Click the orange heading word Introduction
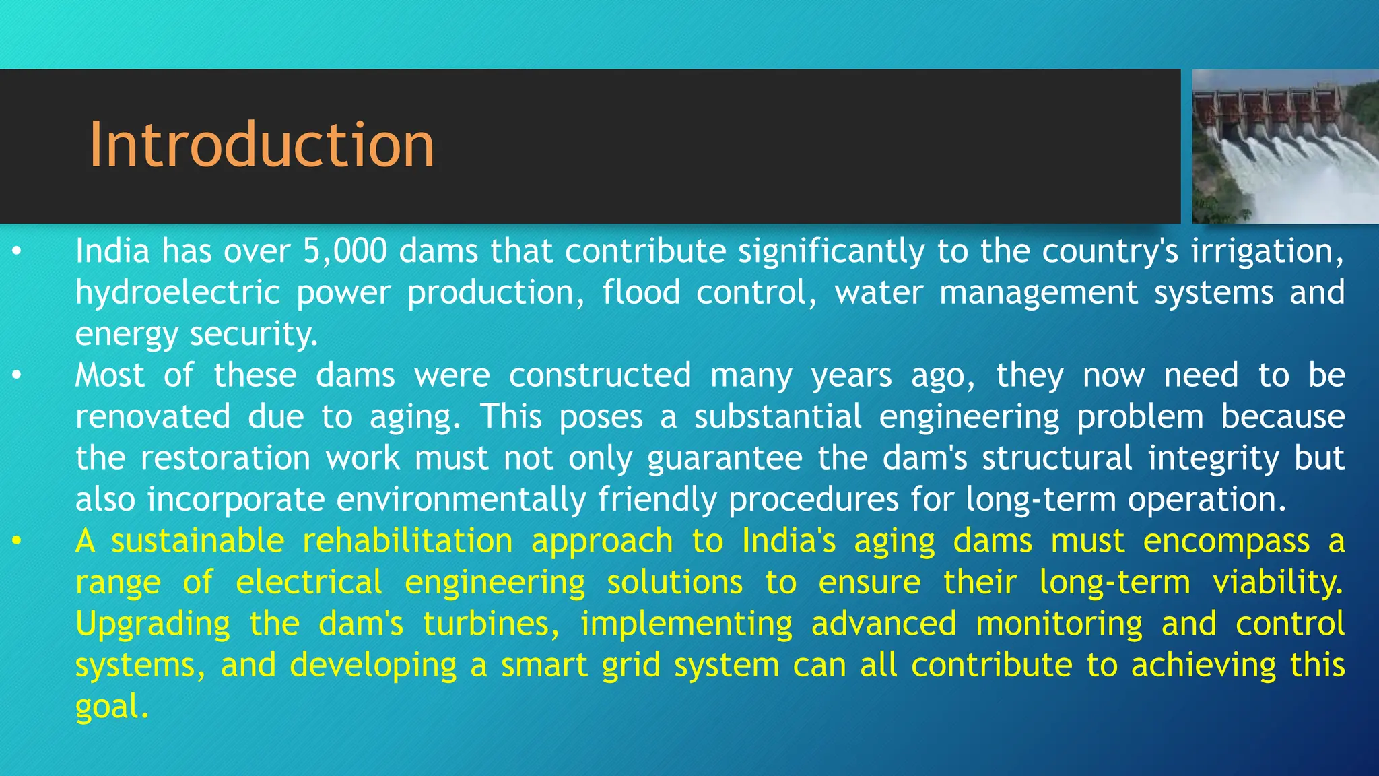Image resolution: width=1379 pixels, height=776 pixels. pyautogui.click(x=262, y=145)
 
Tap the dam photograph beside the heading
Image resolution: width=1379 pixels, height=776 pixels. pyautogui.click(x=1285, y=146)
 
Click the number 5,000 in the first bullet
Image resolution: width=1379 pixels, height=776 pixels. pyautogui.click(x=345, y=251)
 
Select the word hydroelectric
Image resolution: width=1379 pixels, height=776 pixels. pyautogui.click(x=178, y=293)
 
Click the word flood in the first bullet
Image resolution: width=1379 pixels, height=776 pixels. pyautogui.click(x=641, y=293)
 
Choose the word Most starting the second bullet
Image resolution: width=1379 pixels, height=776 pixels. pyautogui.click(x=110, y=375)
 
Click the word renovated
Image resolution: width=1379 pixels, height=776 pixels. pyautogui.click(x=153, y=417)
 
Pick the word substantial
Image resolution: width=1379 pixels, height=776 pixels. pyautogui.click(x=778, y=417)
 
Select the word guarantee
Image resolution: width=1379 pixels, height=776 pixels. pyautogui.click(x=725, y=459)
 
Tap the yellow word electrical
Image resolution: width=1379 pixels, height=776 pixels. pyautogui.click(x=309, y=583)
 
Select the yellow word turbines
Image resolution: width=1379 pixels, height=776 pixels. pyautogui.click(x=492, y=624)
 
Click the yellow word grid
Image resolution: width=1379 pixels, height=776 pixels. pyautogui.click(x=631, y=666)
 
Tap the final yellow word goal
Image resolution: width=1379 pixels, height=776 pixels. pyautogui.click(x=112, y=707)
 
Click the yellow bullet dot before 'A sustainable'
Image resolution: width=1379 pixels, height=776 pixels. pyautogui.click(x=17, y=542)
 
